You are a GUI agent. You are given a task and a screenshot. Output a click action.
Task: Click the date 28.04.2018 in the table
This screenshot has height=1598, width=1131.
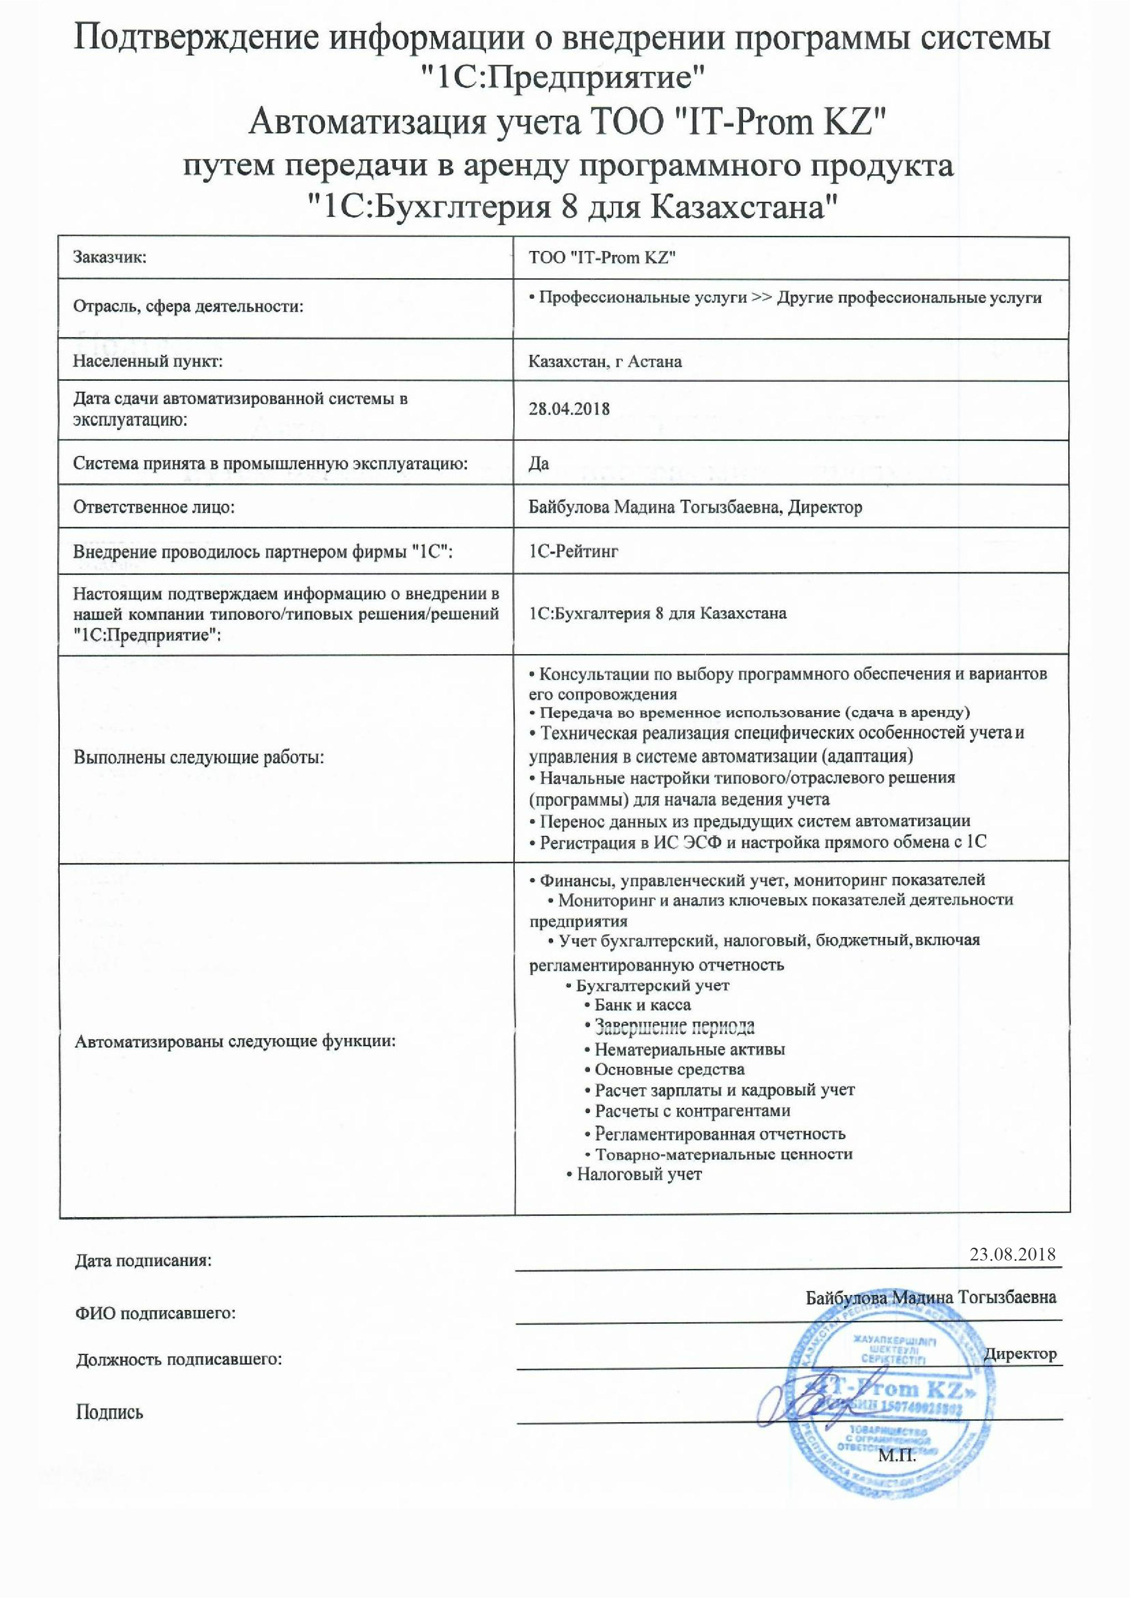569,409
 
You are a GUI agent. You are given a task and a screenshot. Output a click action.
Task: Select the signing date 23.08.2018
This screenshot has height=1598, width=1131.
1013,1254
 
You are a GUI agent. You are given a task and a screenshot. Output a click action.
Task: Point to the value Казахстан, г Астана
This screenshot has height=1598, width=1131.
604,361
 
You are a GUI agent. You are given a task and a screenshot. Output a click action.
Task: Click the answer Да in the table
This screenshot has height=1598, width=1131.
538,463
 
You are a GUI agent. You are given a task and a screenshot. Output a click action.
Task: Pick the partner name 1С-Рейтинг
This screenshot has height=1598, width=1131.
573,552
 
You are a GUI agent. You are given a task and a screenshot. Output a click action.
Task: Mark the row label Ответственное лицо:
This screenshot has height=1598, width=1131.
154,507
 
